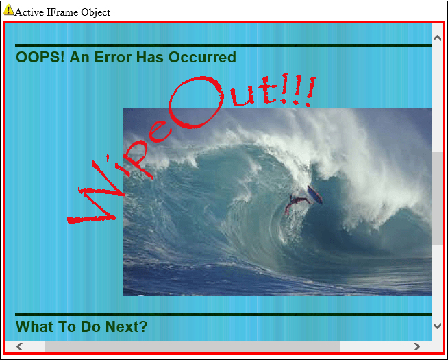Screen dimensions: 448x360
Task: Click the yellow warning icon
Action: (8, 10)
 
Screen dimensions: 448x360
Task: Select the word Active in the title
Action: (29, 12)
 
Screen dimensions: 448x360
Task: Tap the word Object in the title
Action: (95, 12)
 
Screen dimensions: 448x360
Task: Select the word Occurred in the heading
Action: (202, 57)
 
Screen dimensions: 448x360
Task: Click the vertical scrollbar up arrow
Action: (437, 38)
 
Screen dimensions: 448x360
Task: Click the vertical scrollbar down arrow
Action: (437, 326)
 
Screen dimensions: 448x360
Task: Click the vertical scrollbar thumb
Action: (437, 198)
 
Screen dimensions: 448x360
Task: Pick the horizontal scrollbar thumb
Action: (192, 346)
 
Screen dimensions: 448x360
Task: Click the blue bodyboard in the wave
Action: (315, 195)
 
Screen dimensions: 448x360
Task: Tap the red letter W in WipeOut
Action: (96, 194)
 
